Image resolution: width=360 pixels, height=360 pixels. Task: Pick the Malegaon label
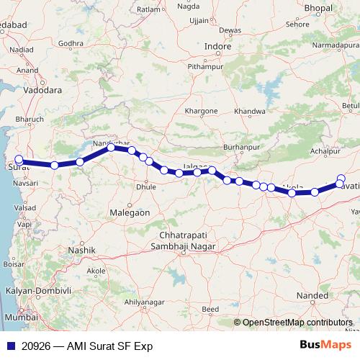coord(129,213)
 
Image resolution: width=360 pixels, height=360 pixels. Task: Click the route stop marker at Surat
coord(19,161)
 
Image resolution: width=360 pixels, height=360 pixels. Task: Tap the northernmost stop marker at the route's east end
coord(341,179)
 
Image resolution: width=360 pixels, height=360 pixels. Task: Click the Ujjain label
coord(198,21)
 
